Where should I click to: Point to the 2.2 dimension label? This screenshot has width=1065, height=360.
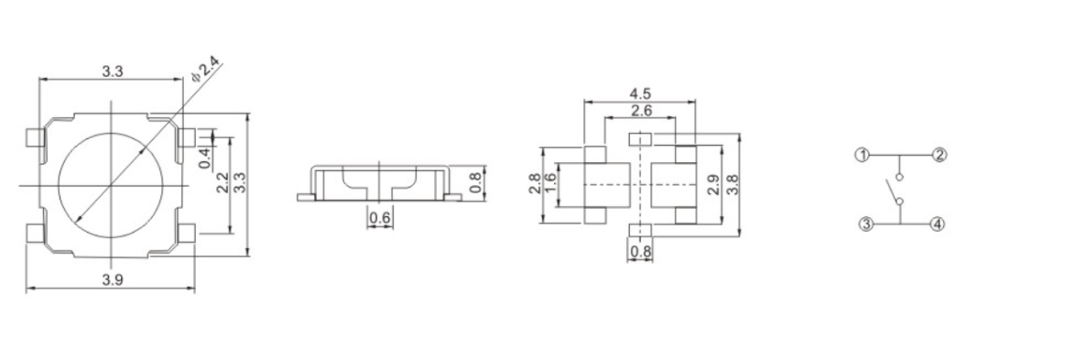tap(222, 182)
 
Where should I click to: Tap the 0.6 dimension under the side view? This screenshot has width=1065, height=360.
tap(379, 218)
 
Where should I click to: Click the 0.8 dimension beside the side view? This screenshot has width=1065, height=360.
tap(475, 182)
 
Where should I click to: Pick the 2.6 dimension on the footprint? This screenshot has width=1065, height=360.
tap(641, 111)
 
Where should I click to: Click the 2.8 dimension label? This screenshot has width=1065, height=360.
tap(536, 183)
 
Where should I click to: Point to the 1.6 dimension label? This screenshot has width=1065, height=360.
tap(550, 183)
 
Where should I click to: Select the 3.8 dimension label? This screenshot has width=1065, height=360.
tap(731, 184)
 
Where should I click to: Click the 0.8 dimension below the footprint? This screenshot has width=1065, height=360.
tap(640, 251)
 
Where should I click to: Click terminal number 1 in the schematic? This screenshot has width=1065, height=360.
tap(861, 154)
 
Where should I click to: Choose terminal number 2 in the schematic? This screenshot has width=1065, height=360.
tap(939, 154)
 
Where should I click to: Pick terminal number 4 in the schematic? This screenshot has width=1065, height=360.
tap(937, 224)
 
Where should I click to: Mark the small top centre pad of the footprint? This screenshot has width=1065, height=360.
tap(640, 138)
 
